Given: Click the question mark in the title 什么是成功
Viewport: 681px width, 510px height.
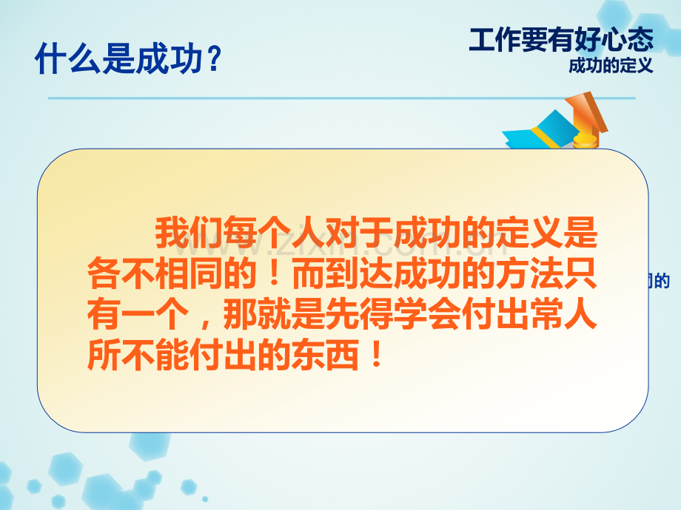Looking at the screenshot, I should [212, 60].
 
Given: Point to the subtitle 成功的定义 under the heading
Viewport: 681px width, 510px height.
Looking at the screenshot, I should [611, 66].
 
